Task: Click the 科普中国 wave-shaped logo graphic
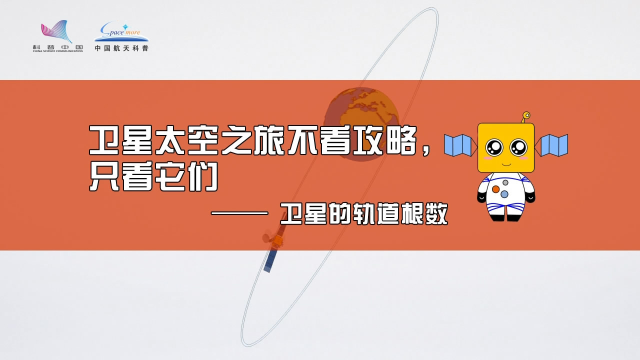pos(56,31)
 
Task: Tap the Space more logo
pos(121,31)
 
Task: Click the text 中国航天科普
pos(121,48)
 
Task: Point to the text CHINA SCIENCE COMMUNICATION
pos(57,51)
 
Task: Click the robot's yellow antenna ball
pos(526,115)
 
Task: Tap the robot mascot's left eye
pos(494,147)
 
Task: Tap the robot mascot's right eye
pos(518,147)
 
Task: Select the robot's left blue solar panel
pos(458,145)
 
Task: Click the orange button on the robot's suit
pos(495,189)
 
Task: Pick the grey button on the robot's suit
pos(505,182)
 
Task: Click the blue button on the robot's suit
pos(504,194)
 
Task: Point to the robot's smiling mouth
pos(506,165)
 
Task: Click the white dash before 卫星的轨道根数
pos(239,213)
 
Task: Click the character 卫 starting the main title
pos(104,140)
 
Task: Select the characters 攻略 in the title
pos(384,140)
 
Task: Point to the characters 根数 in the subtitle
pos(424,213)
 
